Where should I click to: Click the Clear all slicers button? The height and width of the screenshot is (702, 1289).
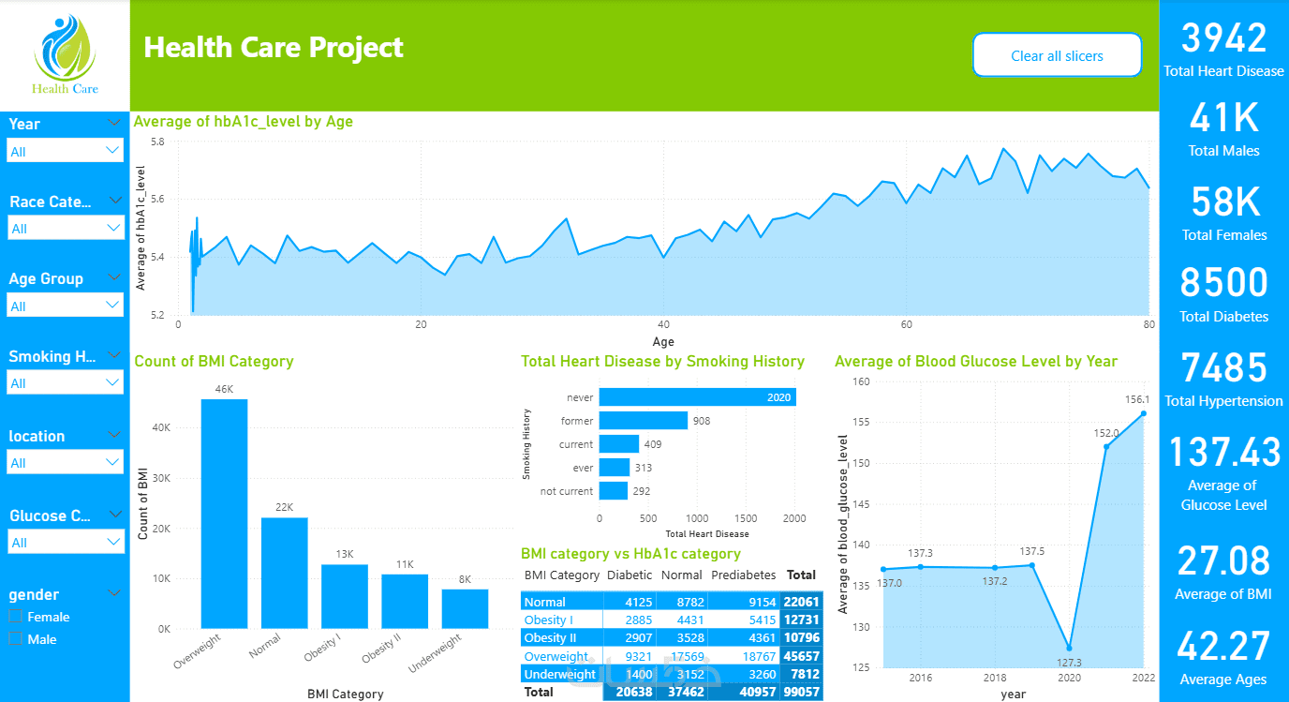1057,55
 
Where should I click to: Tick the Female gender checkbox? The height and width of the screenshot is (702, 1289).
15,617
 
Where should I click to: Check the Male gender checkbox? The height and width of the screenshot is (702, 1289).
15,639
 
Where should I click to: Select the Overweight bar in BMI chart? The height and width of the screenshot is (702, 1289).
225,514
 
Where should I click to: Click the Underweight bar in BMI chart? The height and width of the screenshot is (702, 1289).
465,608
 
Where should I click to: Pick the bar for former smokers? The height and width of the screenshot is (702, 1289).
643,421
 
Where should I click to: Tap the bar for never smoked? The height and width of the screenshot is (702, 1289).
697,397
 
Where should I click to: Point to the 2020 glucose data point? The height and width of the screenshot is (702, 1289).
1069,649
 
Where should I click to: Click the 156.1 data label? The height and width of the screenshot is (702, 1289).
1137,398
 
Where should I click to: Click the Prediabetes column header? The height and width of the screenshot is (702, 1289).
743,575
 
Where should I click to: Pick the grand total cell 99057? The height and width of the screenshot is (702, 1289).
802,692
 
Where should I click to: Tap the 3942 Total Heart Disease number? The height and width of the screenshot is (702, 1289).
1223,38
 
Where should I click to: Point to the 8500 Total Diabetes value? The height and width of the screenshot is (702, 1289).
1223,283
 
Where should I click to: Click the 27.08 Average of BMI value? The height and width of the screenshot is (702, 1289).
1223,560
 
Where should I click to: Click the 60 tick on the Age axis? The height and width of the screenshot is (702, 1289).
906,324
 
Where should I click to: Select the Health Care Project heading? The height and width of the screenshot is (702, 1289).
274,47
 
